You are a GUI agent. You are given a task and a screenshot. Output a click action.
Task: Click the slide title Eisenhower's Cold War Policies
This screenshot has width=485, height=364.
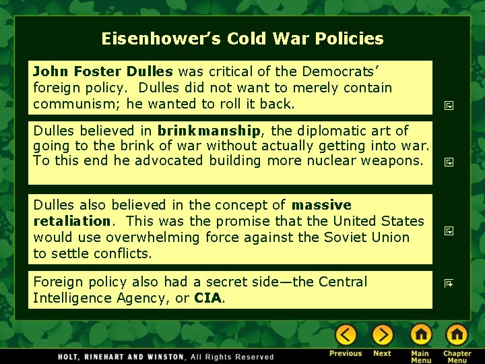[243, 38]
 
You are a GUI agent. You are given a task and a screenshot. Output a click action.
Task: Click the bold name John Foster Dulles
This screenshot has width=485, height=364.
[103, 71]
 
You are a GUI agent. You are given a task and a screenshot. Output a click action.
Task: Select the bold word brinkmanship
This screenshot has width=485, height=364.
[209, 130]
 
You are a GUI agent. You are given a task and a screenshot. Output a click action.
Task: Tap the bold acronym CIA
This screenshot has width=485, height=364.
[207, 298]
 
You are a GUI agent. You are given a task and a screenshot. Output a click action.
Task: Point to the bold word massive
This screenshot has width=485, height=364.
[321, 204]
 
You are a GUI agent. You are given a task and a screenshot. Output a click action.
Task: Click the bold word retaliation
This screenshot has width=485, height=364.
[71, 220]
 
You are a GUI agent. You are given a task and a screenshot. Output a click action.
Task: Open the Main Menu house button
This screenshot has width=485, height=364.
[421, 335]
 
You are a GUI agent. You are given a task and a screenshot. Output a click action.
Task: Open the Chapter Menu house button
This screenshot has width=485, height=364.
[457, 335]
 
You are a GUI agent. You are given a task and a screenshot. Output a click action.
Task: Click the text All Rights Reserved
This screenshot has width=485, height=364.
[232, 357]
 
